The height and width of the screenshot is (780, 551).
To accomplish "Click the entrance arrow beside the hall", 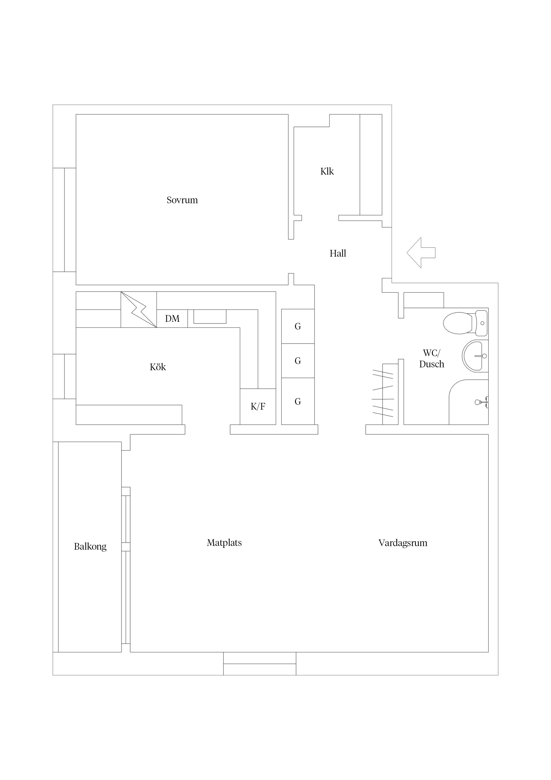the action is [x=421, y=253].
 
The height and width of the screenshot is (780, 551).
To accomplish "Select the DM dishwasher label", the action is [x=172, y=319].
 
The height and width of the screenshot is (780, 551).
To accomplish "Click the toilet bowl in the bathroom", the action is [x=458, y=323].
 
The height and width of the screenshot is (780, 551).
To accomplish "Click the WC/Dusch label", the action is [x=431, y=358].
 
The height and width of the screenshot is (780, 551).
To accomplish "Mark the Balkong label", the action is [x=90, y=547].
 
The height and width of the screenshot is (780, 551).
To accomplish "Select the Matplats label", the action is [x=224, y=543].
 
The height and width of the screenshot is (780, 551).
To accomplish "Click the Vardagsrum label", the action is [x=403, y=543].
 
